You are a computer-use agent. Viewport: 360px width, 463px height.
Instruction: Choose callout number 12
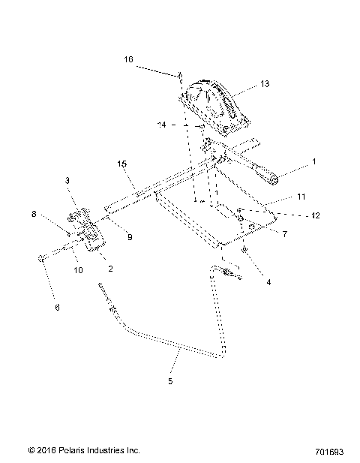pos(316,215)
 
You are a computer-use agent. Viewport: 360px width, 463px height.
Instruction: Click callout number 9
pos(130,237)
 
